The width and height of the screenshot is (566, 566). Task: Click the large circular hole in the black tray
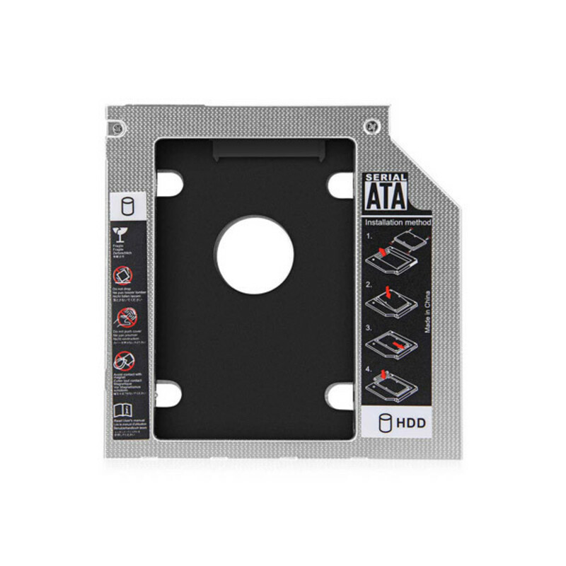(255, 255)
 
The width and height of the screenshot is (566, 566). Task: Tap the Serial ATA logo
(386, 192)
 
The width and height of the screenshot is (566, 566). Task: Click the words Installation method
(398, 222)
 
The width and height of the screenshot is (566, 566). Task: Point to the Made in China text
(428, 314)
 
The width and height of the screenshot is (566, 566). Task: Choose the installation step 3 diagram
(391, 343)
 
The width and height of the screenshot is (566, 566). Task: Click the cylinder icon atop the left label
(128, 207)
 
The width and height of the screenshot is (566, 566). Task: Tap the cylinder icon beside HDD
(386, 424)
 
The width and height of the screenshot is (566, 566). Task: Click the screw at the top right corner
(368, 126)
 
